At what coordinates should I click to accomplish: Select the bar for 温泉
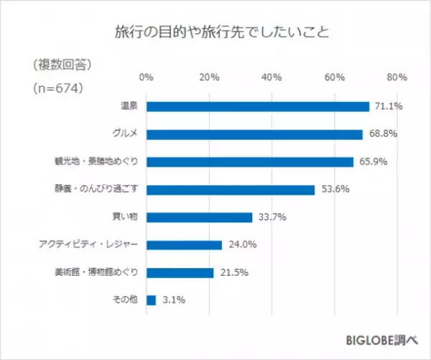click(258, 106)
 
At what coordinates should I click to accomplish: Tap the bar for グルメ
click(254, 134)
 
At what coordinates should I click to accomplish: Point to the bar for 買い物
click(199, 217)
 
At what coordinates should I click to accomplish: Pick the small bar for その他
click(151, 300)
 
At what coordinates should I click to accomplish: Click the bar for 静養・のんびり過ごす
click(231, 190)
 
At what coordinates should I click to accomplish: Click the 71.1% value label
click(388, 106)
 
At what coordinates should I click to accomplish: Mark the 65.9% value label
click(372, 162)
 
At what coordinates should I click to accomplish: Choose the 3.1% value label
click(172, 300)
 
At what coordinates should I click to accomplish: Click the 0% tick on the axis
click(146, 77)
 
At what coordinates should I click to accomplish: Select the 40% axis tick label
click(272, 77)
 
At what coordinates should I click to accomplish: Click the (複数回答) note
click(61, 65)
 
